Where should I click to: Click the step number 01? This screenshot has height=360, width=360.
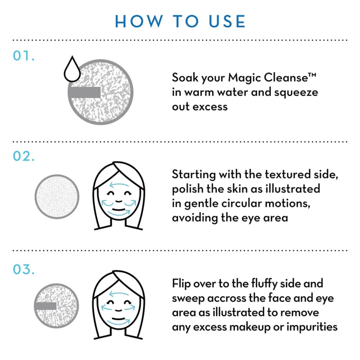click(23, 57)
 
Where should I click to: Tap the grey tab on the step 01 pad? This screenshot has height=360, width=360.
click(84, 93)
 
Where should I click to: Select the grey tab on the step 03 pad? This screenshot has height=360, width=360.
click(46, 306)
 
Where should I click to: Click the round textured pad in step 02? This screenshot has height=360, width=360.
click(57, 197)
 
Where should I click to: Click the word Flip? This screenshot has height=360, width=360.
click(182, 283)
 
